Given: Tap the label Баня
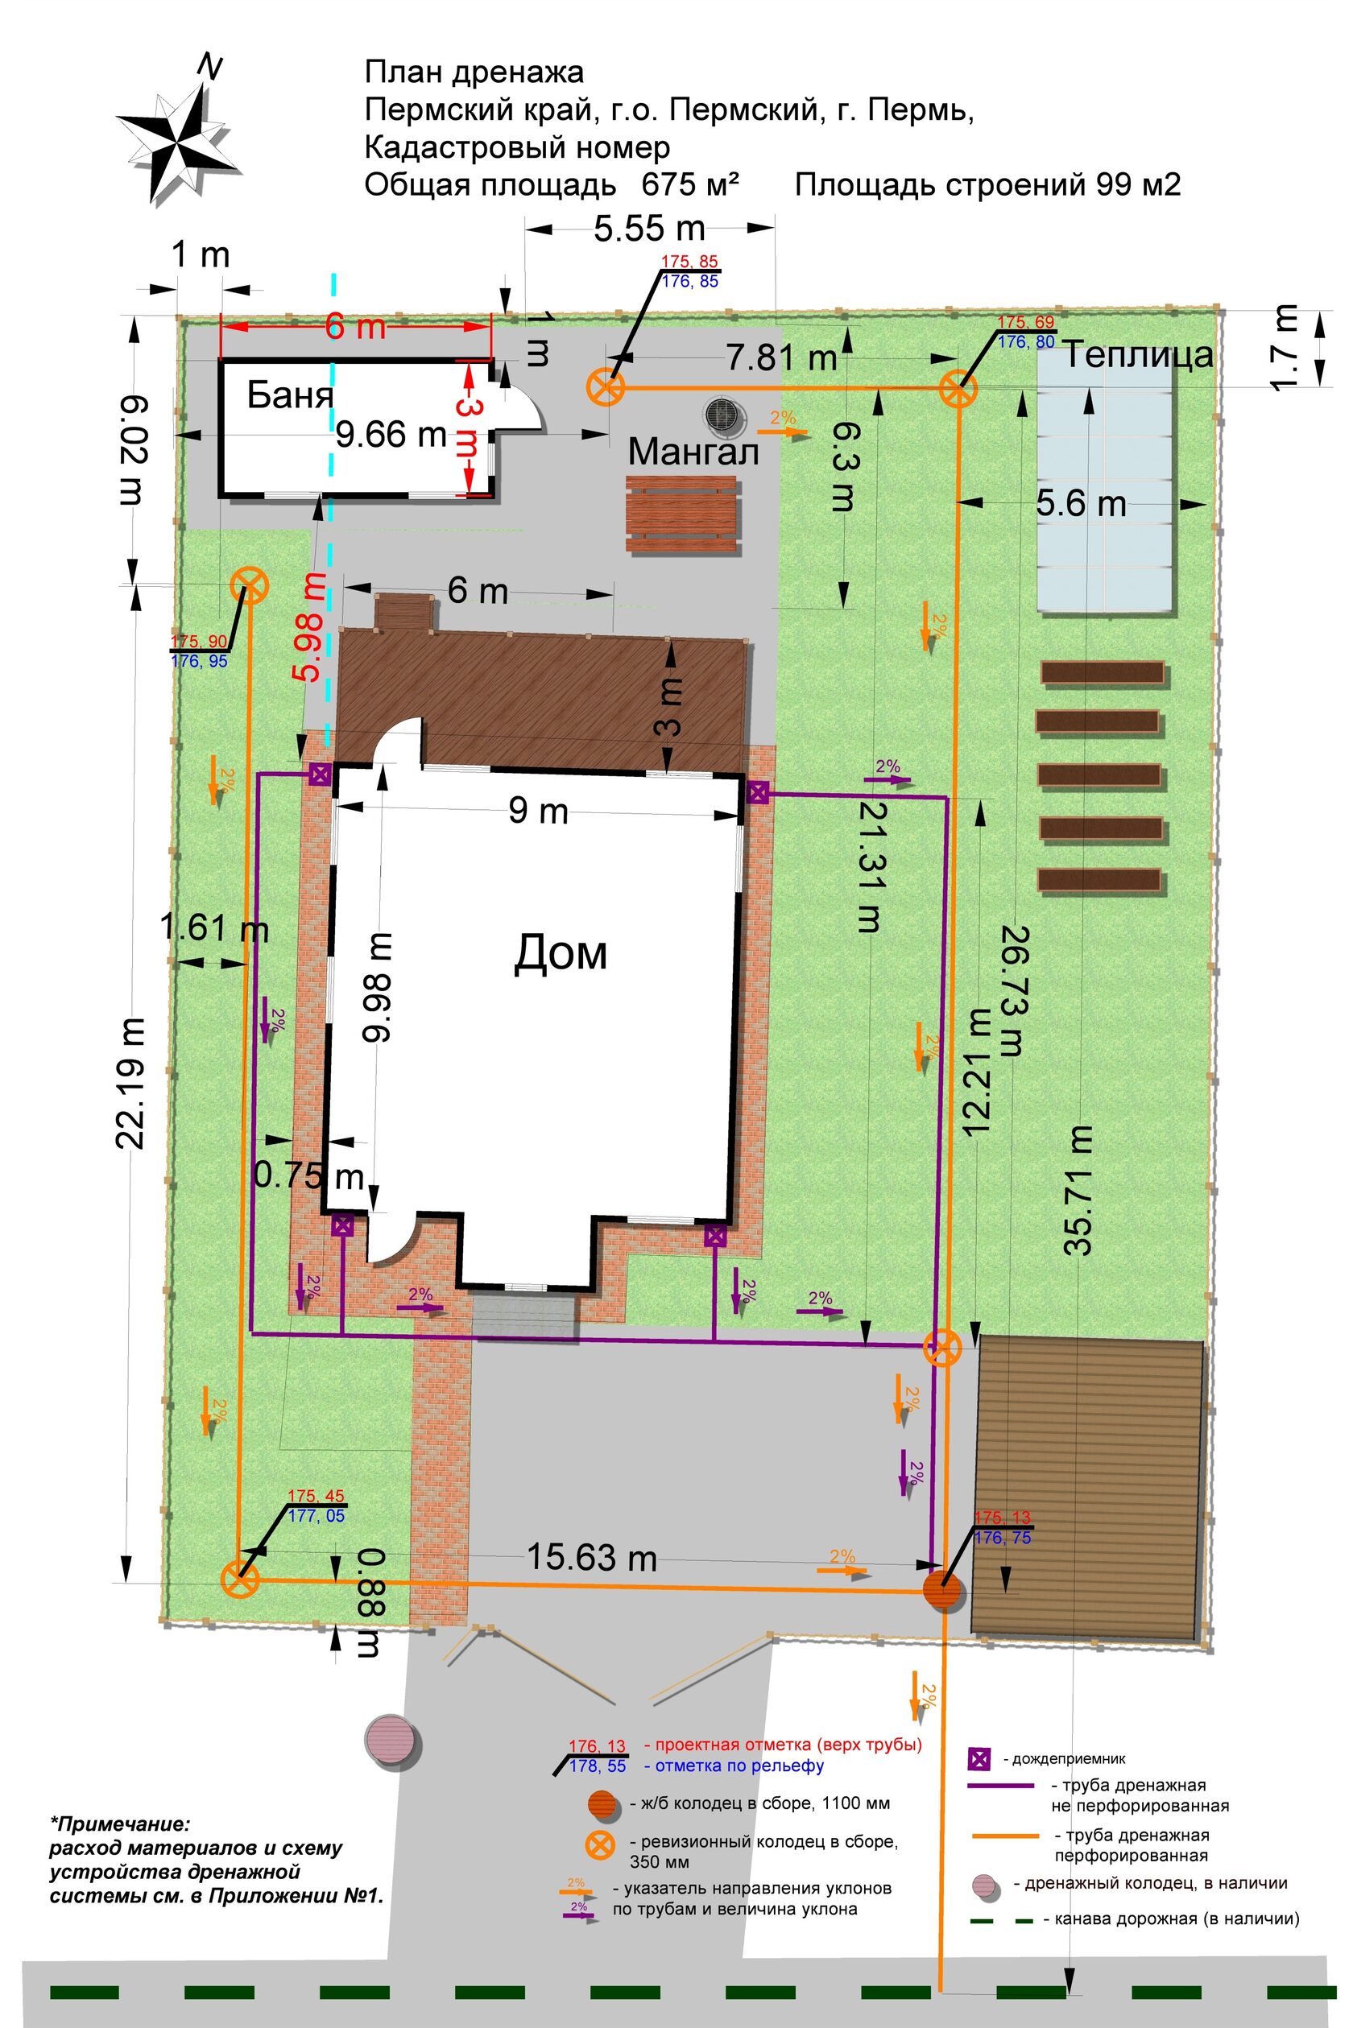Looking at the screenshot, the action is click(x=290, y=395).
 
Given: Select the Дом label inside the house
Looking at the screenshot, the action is click(x=561, y=953).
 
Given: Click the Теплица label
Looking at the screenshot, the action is click(x=1137, y=354).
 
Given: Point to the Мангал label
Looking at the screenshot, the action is click(x=693, y=451).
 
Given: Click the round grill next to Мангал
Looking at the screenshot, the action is click(x=722, y=414).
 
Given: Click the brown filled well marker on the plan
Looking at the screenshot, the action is click(x=944, y=1589).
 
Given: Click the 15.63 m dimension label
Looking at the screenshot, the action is click(x=592, y=1557).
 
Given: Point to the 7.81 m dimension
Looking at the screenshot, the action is click(x=782, y=357).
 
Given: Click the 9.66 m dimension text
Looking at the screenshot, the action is click(x=391, y=434).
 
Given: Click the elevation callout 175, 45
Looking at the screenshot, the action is click(x=316, y=1497).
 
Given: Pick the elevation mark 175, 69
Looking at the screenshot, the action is click(x=1026, y=323).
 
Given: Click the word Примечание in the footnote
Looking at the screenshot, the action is click(x=118, y=1824).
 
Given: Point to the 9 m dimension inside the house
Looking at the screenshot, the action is click(x=538, y=811).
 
